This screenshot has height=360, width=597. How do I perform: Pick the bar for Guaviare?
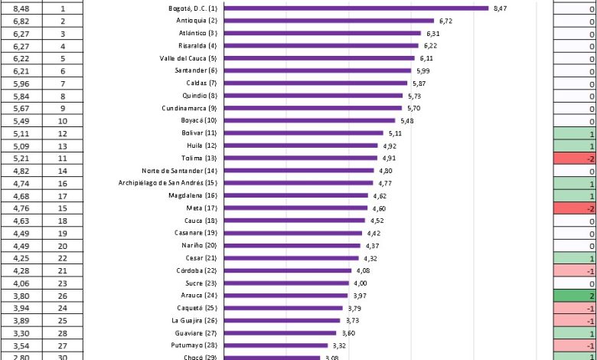click(282, 333)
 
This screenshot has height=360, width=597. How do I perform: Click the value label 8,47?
click(501, 8)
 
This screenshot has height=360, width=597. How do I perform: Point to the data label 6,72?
click(445, 21)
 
